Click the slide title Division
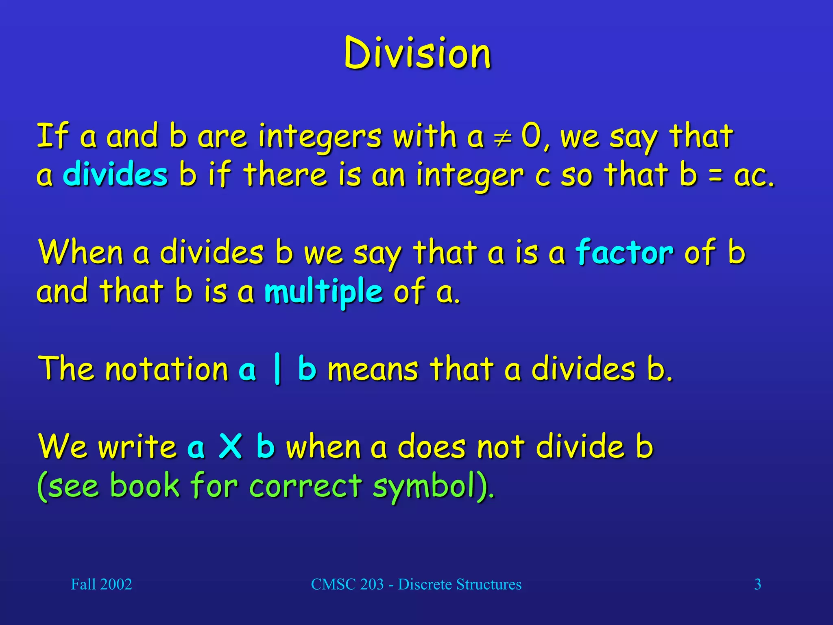click(417, 53)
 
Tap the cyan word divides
click(116, 175)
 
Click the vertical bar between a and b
click(277, 369)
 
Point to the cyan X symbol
click(231, 446)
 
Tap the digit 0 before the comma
click(531, 136)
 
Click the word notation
click(167, 369)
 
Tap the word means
click(373, 369)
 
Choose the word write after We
click(137, 446)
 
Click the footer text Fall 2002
click(101, 584)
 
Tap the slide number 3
click(757, 584)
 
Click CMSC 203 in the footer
click(347, 584)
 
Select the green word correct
click(305, 486)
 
